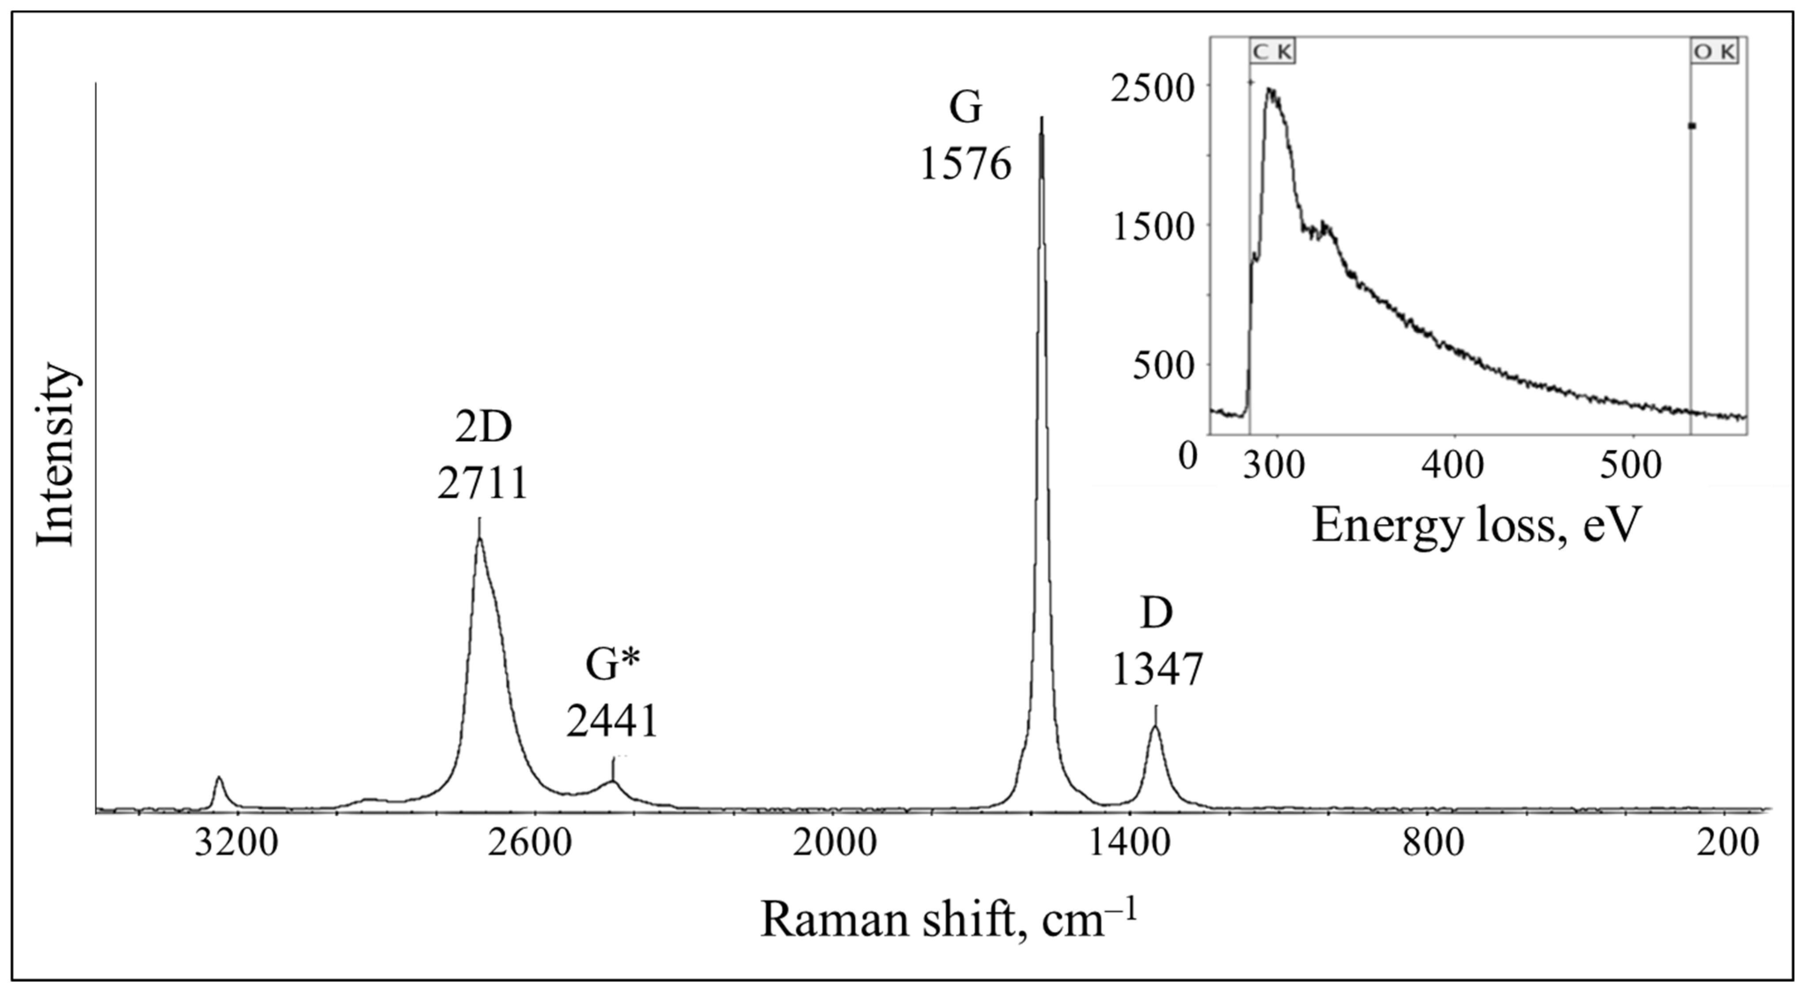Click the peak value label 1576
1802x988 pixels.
966,167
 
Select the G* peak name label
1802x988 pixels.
613,665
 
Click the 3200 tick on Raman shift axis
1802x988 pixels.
236,844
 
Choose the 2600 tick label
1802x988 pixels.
534,844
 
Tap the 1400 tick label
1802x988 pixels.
1130,844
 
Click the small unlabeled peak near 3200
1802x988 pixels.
219,778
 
